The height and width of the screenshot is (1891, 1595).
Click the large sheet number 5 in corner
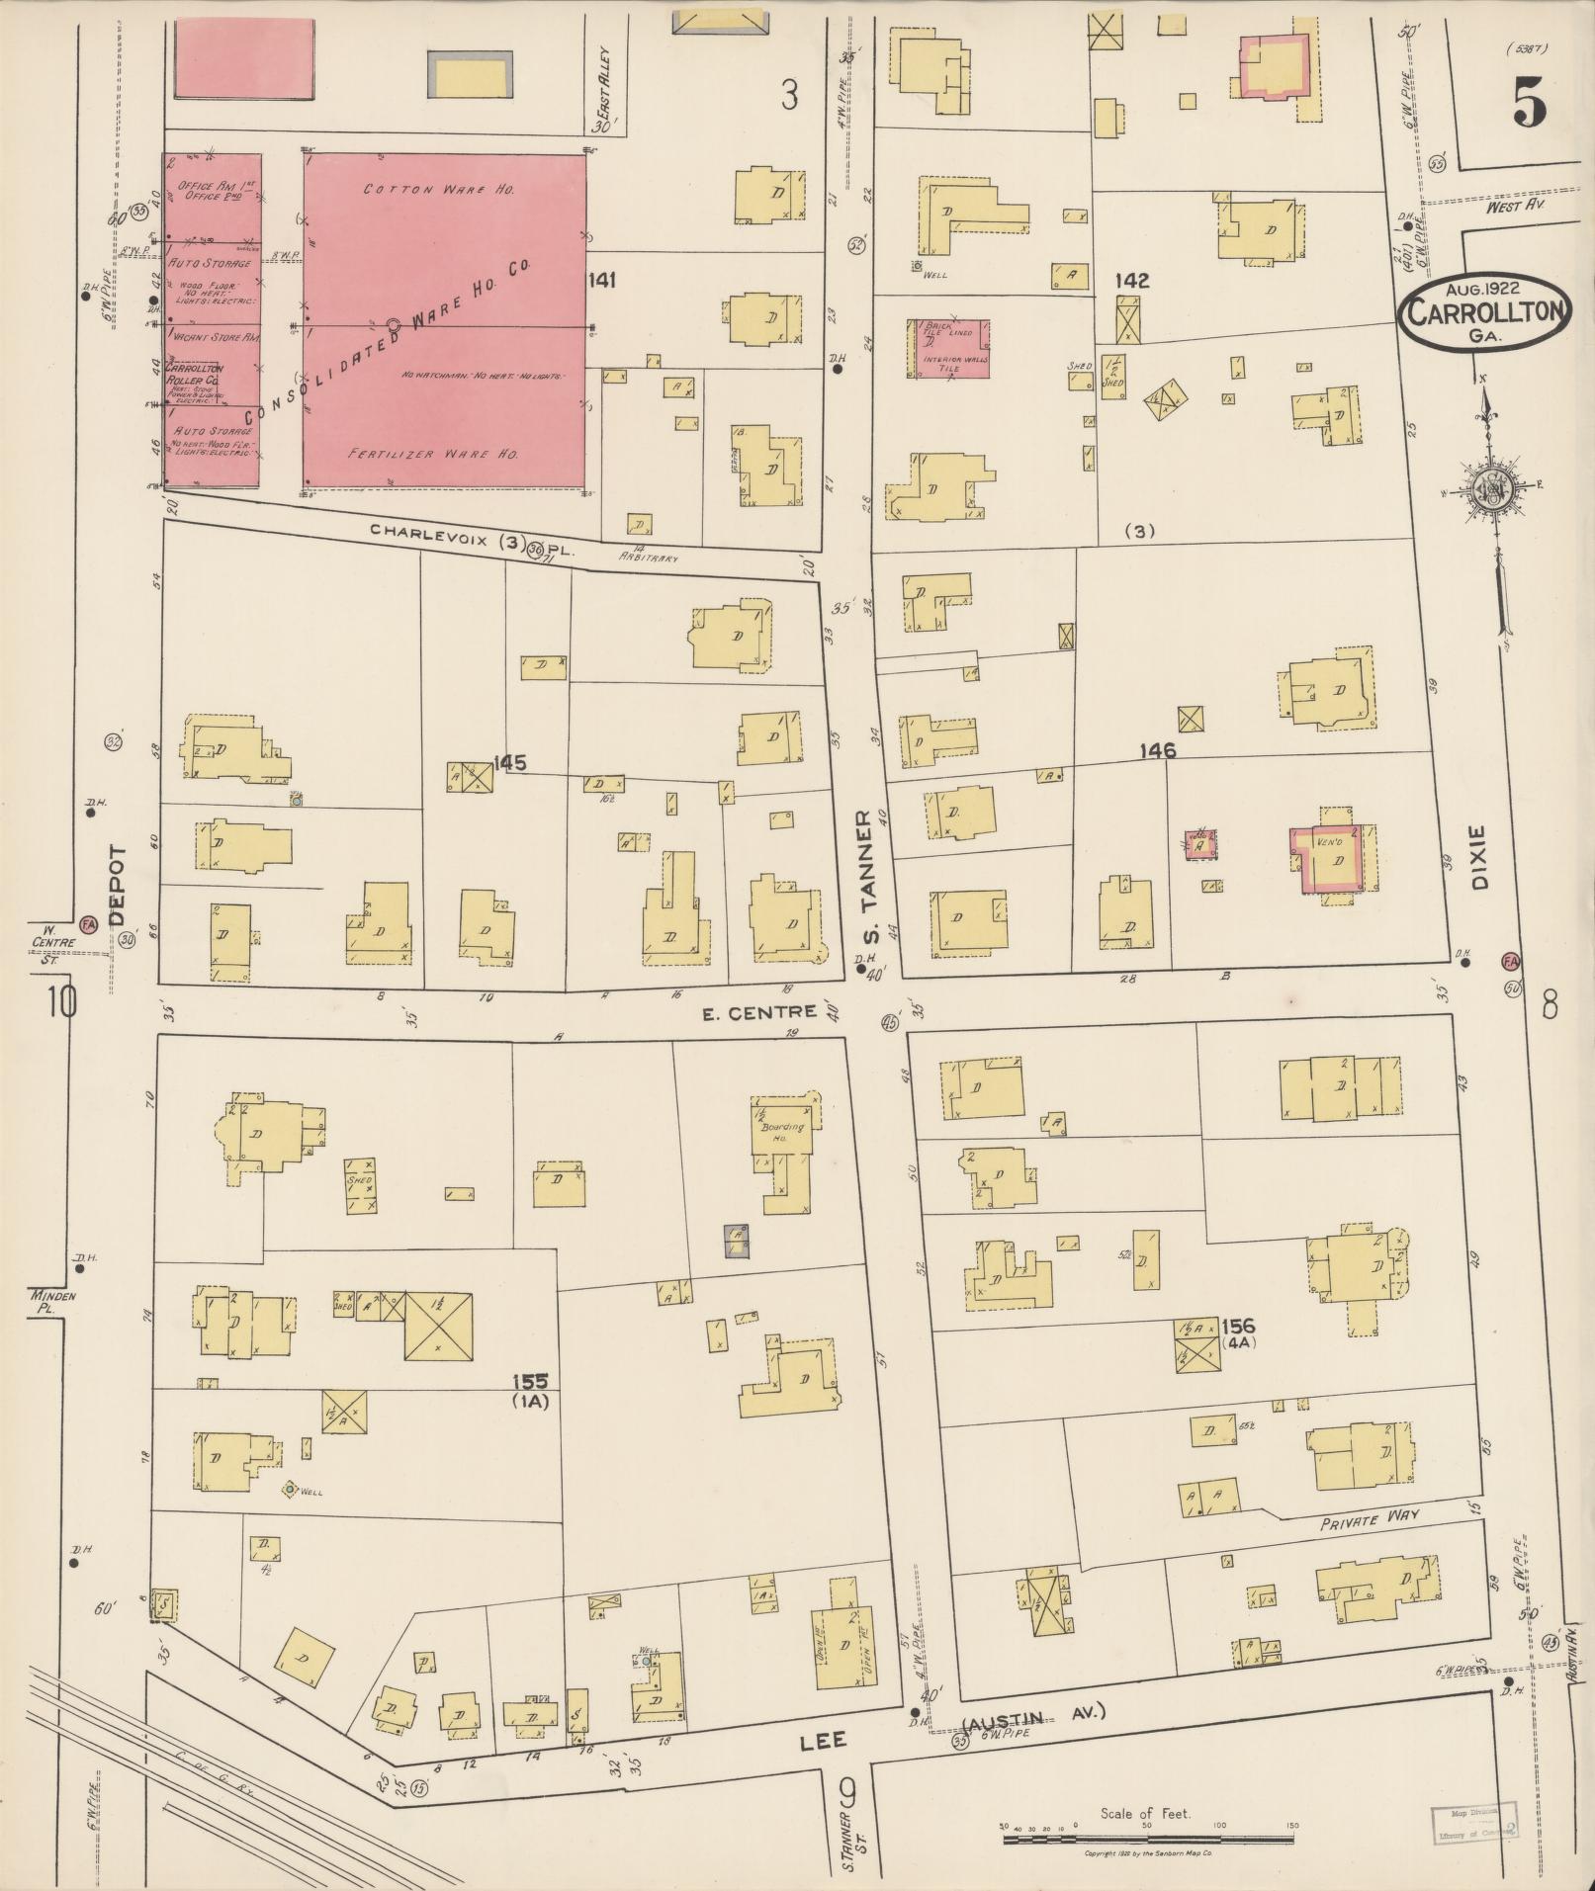[1529, 101]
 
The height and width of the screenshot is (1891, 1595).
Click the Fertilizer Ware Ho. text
[434, 454]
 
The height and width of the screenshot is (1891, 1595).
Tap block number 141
[601, 281]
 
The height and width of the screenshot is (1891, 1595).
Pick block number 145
[509, 762]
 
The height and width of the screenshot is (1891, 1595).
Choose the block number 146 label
[1157, 751]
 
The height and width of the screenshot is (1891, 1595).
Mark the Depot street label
[118, 884]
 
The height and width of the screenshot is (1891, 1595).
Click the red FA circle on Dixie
[1510, 961]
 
